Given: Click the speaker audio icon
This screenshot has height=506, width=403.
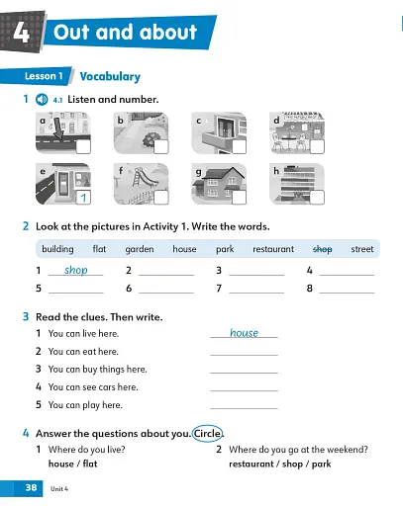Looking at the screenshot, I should point(41,100).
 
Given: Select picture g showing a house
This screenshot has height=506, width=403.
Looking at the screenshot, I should point(220,183).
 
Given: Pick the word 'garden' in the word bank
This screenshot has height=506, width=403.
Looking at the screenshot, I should point(140,249).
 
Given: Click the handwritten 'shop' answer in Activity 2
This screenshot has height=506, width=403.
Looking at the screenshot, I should point(75,269).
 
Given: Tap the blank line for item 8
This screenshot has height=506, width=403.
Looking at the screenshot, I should point(347,291).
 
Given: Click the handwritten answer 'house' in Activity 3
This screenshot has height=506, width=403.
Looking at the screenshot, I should point(244,333).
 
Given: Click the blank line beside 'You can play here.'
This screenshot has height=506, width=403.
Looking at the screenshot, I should point(244,406).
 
